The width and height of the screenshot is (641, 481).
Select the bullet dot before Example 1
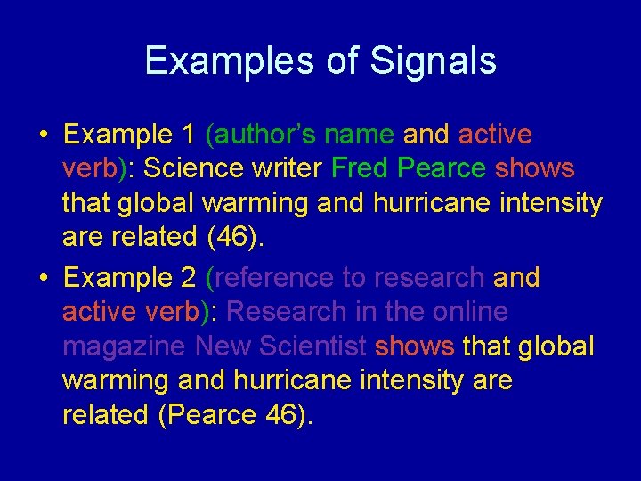point(44,135)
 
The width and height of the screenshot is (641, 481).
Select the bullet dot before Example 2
point(44,279)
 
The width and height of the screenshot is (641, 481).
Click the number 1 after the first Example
point(188,135)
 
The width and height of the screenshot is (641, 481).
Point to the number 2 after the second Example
point(188,278)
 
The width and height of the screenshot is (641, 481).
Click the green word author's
point(263,135)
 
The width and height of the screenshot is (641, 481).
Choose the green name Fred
point(362,168)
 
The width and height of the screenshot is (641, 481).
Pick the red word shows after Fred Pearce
point(535,168)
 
